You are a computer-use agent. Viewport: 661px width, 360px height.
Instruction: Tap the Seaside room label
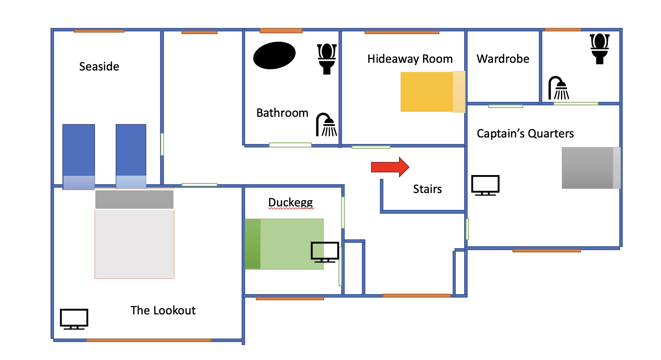pyautogui.click(x=99, y=67)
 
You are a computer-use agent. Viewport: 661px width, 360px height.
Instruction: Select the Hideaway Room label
pyautogui.click(x=410, y=59)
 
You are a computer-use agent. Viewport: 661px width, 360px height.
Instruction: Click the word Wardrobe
pyautogui.click(x=503, y=59)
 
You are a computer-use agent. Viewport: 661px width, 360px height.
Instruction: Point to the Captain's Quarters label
pyautogui.click(x=525, y=134)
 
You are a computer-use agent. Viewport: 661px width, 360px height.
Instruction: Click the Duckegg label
pyautogui.click(x=290, y=202)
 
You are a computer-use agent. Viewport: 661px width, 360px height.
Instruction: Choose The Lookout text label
pyautogui.click(x=163, y=310)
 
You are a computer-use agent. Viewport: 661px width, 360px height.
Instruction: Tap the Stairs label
pyautogui.click(x=427, y=189)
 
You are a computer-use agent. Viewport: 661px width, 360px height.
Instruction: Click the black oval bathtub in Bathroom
pyautogui.click(x=274, y=56)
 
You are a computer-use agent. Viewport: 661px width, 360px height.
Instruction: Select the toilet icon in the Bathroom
pyautogui.click(x=327, y=59)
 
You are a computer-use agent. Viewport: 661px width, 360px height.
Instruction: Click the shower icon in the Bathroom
pyautogui.click(x=326, y=125)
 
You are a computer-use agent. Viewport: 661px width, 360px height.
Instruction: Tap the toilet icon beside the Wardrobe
pyautogui.click(x=599, y=49)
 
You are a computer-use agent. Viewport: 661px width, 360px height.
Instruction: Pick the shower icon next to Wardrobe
pyautogui.click(x=559, y=88)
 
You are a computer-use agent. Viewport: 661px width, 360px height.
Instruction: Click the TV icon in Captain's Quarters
pyautogui.click(x=485, y=185)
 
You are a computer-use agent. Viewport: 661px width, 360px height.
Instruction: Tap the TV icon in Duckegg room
pyautogui.click(x=325, y=252)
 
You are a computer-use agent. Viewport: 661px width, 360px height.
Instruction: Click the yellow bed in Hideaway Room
pyautogui.click(x=432, y=92)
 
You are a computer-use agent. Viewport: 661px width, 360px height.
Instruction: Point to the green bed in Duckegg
pyautogui.click(x=284, y=244)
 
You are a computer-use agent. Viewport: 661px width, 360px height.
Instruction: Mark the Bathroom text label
pyautogui.click(x=282, y=113)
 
